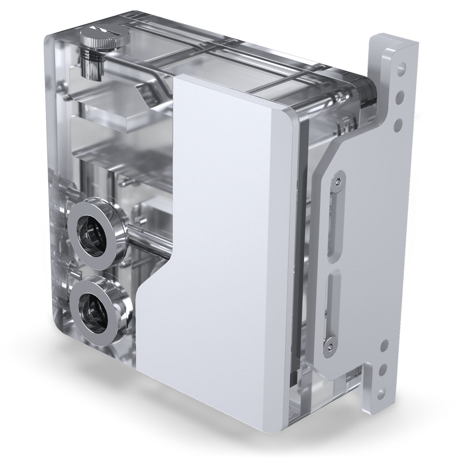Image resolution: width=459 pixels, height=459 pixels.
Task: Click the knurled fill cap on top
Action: (x=99, y=42)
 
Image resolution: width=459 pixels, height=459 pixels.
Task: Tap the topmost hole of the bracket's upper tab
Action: (x=402, y=70)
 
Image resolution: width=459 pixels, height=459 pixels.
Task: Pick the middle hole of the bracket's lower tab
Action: (x=383, y=369)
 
